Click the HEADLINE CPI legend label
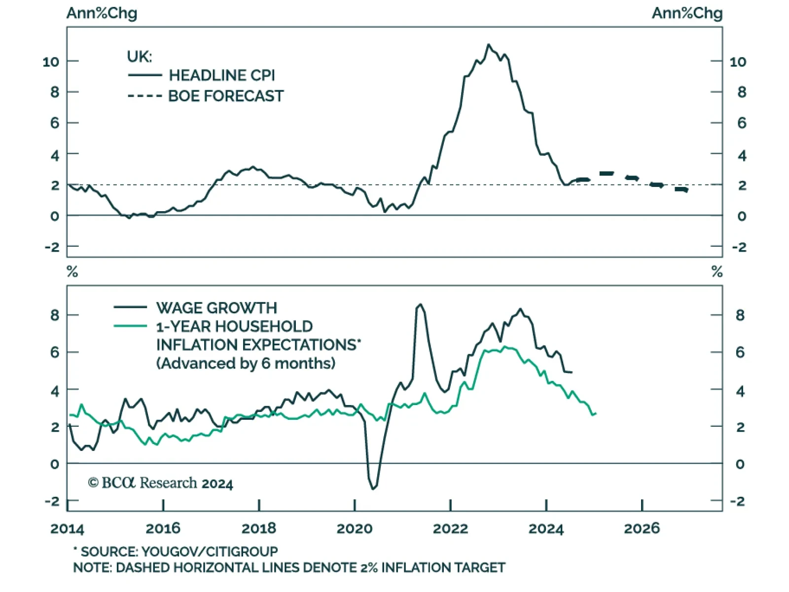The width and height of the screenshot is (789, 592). click(x=222, y=75)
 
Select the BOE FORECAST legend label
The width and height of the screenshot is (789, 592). click(x=226, y=96)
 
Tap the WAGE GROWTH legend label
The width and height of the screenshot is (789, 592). click(x=216, y=308)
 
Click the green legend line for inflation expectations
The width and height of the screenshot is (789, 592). click(x=130, y=326)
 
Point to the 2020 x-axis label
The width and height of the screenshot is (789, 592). click(x=355, y=529)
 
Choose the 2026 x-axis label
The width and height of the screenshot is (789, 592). click(x=642, y=529)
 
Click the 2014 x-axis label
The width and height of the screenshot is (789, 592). click(x=68, y=529)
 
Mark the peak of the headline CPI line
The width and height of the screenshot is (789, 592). click(x=489, y=45)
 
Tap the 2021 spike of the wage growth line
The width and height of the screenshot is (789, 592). click(x=420, y=304)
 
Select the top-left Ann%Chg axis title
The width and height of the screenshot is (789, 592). click(x=102, y=13)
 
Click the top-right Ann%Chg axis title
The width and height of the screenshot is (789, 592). click(x=687, y=13)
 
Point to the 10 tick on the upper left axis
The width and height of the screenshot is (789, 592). click(x=51, y=62)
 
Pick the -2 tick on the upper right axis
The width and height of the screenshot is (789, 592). click(x=739, y=247)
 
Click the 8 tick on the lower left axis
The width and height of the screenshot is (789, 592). click(x=54, y=315)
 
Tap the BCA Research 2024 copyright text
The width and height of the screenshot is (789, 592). click(x=160, y=483)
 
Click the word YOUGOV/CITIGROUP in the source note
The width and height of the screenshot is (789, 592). click(x=210, y=551)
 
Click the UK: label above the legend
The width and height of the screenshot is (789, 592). click(x=140, y=57)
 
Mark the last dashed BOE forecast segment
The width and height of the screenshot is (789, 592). click(x=681, y=189)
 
